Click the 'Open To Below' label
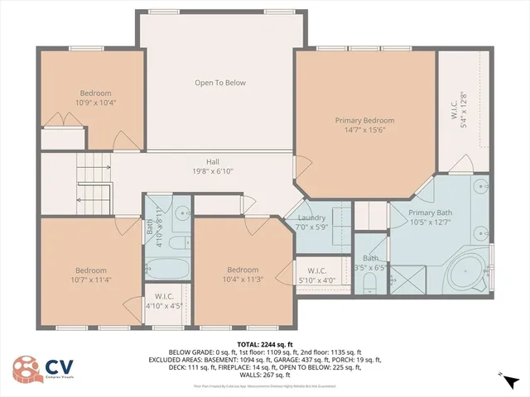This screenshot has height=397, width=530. click(x=219, y=83)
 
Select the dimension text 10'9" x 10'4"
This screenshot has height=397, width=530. click(x=95, y=103)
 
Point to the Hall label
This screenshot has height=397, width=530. click(x=212, y=162)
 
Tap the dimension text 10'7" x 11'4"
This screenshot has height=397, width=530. click(x=90, y=280)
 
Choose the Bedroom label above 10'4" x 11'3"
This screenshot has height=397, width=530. click(x=243, y=270)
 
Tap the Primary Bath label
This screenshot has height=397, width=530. click(x=431, y=213)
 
